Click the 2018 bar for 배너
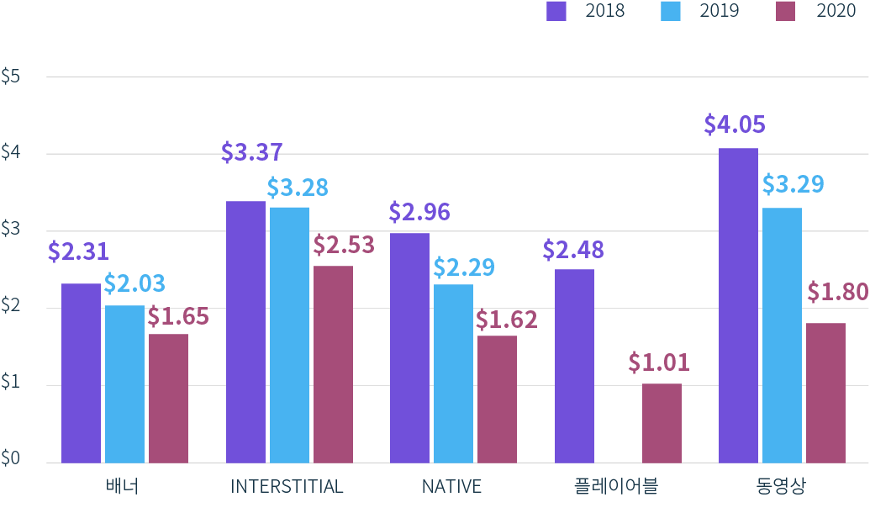[x=81, y=373]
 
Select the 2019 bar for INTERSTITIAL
[x=289, y=335]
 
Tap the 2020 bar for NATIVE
[x=497, y=399]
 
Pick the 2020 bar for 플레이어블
[x=662, y=423]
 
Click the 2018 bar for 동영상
[x=738, y=305]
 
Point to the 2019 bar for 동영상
[x=782, y=335]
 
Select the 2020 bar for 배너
[x=168, y=398]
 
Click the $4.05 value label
[x=735, y=125]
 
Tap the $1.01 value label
[x=659, y=362]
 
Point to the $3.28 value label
[x=298, y=187]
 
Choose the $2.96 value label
[x=419, y=212]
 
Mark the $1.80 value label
[x=837, y=292]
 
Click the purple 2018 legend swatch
[x=556, y=11]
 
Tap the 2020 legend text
[x=836, y=11]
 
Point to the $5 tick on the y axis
[x=11, y=77]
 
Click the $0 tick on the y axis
[x=11, y=459]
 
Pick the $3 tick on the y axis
[x=11, y=230]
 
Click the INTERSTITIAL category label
[x=287, y=487]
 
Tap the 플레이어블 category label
[x=616, y=487]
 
